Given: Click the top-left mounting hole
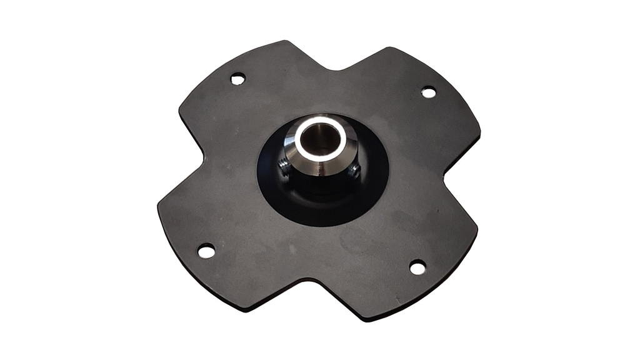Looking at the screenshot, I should (x=238, y=79).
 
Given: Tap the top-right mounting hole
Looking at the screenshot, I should (x=428, y=92).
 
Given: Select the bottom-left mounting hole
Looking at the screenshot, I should (x=206, y=251).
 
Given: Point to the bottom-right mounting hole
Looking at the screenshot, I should (x=417, y=267).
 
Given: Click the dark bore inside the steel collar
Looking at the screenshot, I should (x=320, y=139).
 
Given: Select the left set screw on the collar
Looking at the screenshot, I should (x=283, y=166).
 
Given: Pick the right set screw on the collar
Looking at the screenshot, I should (x=354, y=170).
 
